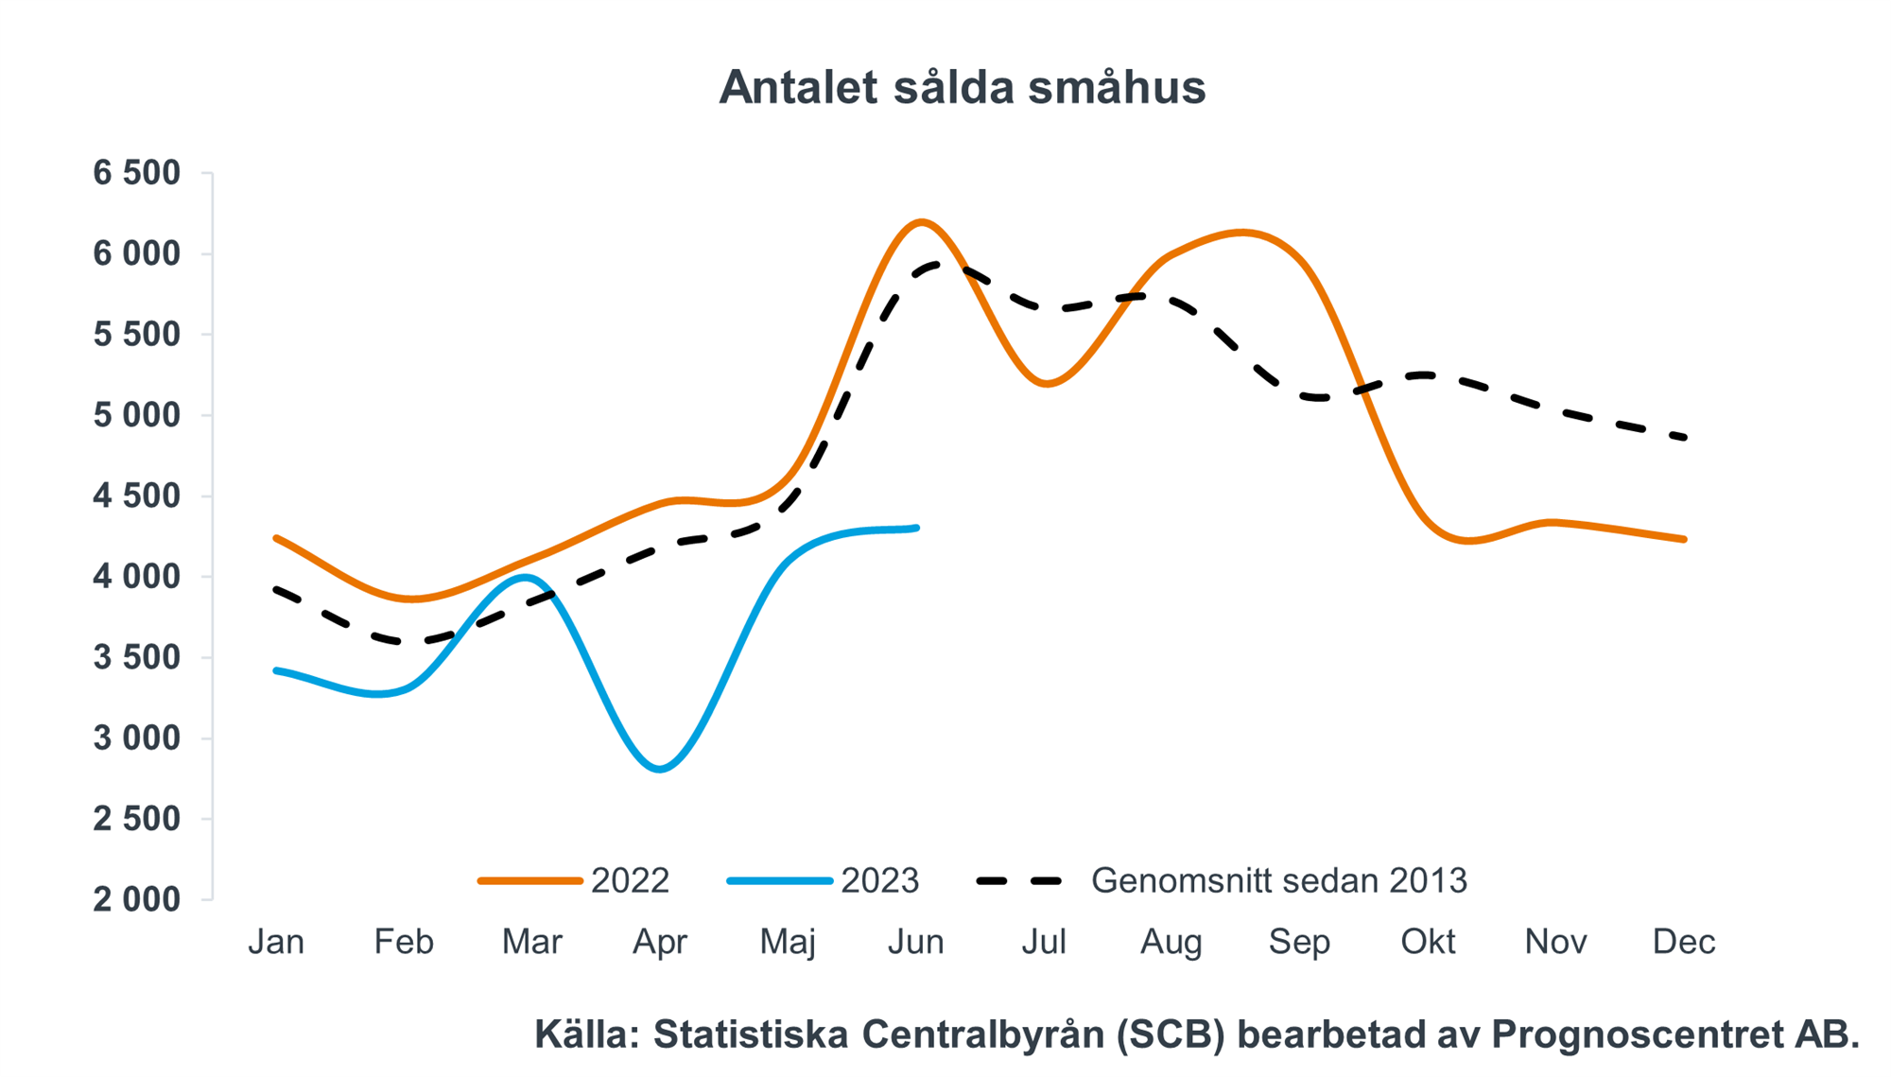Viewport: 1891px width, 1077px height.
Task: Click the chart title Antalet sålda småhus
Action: click(x=962, y=88)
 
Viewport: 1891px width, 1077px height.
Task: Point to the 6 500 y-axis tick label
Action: click(x=136, y=173)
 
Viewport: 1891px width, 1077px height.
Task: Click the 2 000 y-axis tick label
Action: click(x=136, y=899)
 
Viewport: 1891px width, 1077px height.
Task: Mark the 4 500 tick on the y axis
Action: click(x=136, y=495)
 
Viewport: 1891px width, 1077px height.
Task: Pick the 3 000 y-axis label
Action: click(x=136, y=738)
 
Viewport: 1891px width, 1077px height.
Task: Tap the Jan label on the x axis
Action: click(x=276, y=942)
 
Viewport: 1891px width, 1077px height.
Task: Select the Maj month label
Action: click(x=788, y=942)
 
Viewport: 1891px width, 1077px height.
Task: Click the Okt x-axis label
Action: click(x=1428, y=942)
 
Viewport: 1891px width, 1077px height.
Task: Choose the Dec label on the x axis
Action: click(x=1684, y=942)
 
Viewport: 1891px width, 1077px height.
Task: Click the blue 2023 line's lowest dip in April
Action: click(x=660, y=769)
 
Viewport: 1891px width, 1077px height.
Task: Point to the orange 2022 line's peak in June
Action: click(x=921, y=222)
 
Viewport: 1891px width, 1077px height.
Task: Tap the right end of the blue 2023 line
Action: click(x=916, y=528)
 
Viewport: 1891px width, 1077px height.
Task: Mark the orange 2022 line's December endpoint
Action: click(x=1684, y=539)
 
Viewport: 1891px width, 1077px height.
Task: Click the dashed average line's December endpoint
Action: click(x=1684, y=437)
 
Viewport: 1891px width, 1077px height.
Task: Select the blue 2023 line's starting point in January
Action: click(x=276, y=670)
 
